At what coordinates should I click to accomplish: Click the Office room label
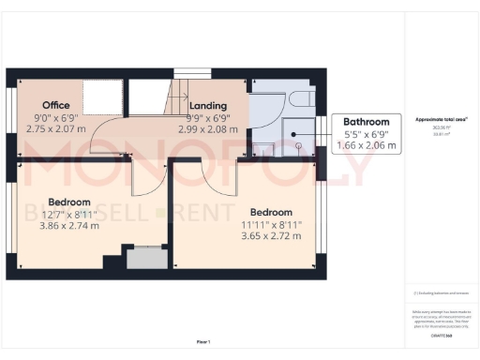[x=56, y=104]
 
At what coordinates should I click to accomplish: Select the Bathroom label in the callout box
[x=366, y=122]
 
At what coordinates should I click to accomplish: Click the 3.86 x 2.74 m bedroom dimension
[x=69, y=225]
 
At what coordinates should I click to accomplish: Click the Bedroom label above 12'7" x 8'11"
[x=69, y=202]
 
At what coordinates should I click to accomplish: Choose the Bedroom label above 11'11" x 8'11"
[x=271, y=212]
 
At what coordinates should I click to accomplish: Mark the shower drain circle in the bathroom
[x=296, y=146]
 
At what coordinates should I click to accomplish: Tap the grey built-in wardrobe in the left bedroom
[x=145, y=257]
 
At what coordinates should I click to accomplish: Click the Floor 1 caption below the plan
[x=203, y=341]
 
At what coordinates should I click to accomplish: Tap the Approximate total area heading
[x=442, y=120]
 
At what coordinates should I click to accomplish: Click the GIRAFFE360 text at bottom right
[x=442, y=335]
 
